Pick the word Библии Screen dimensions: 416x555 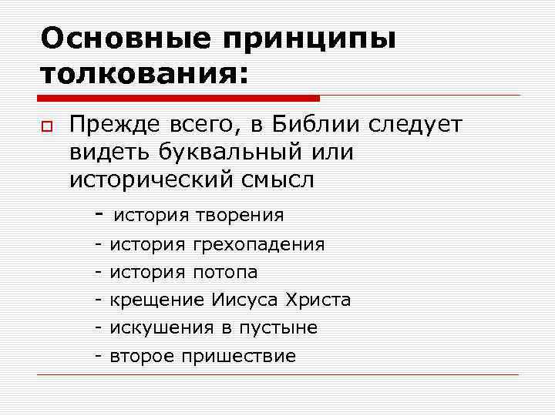click(x=322, y=125)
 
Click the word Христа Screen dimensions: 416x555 click(x=318, y=300)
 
